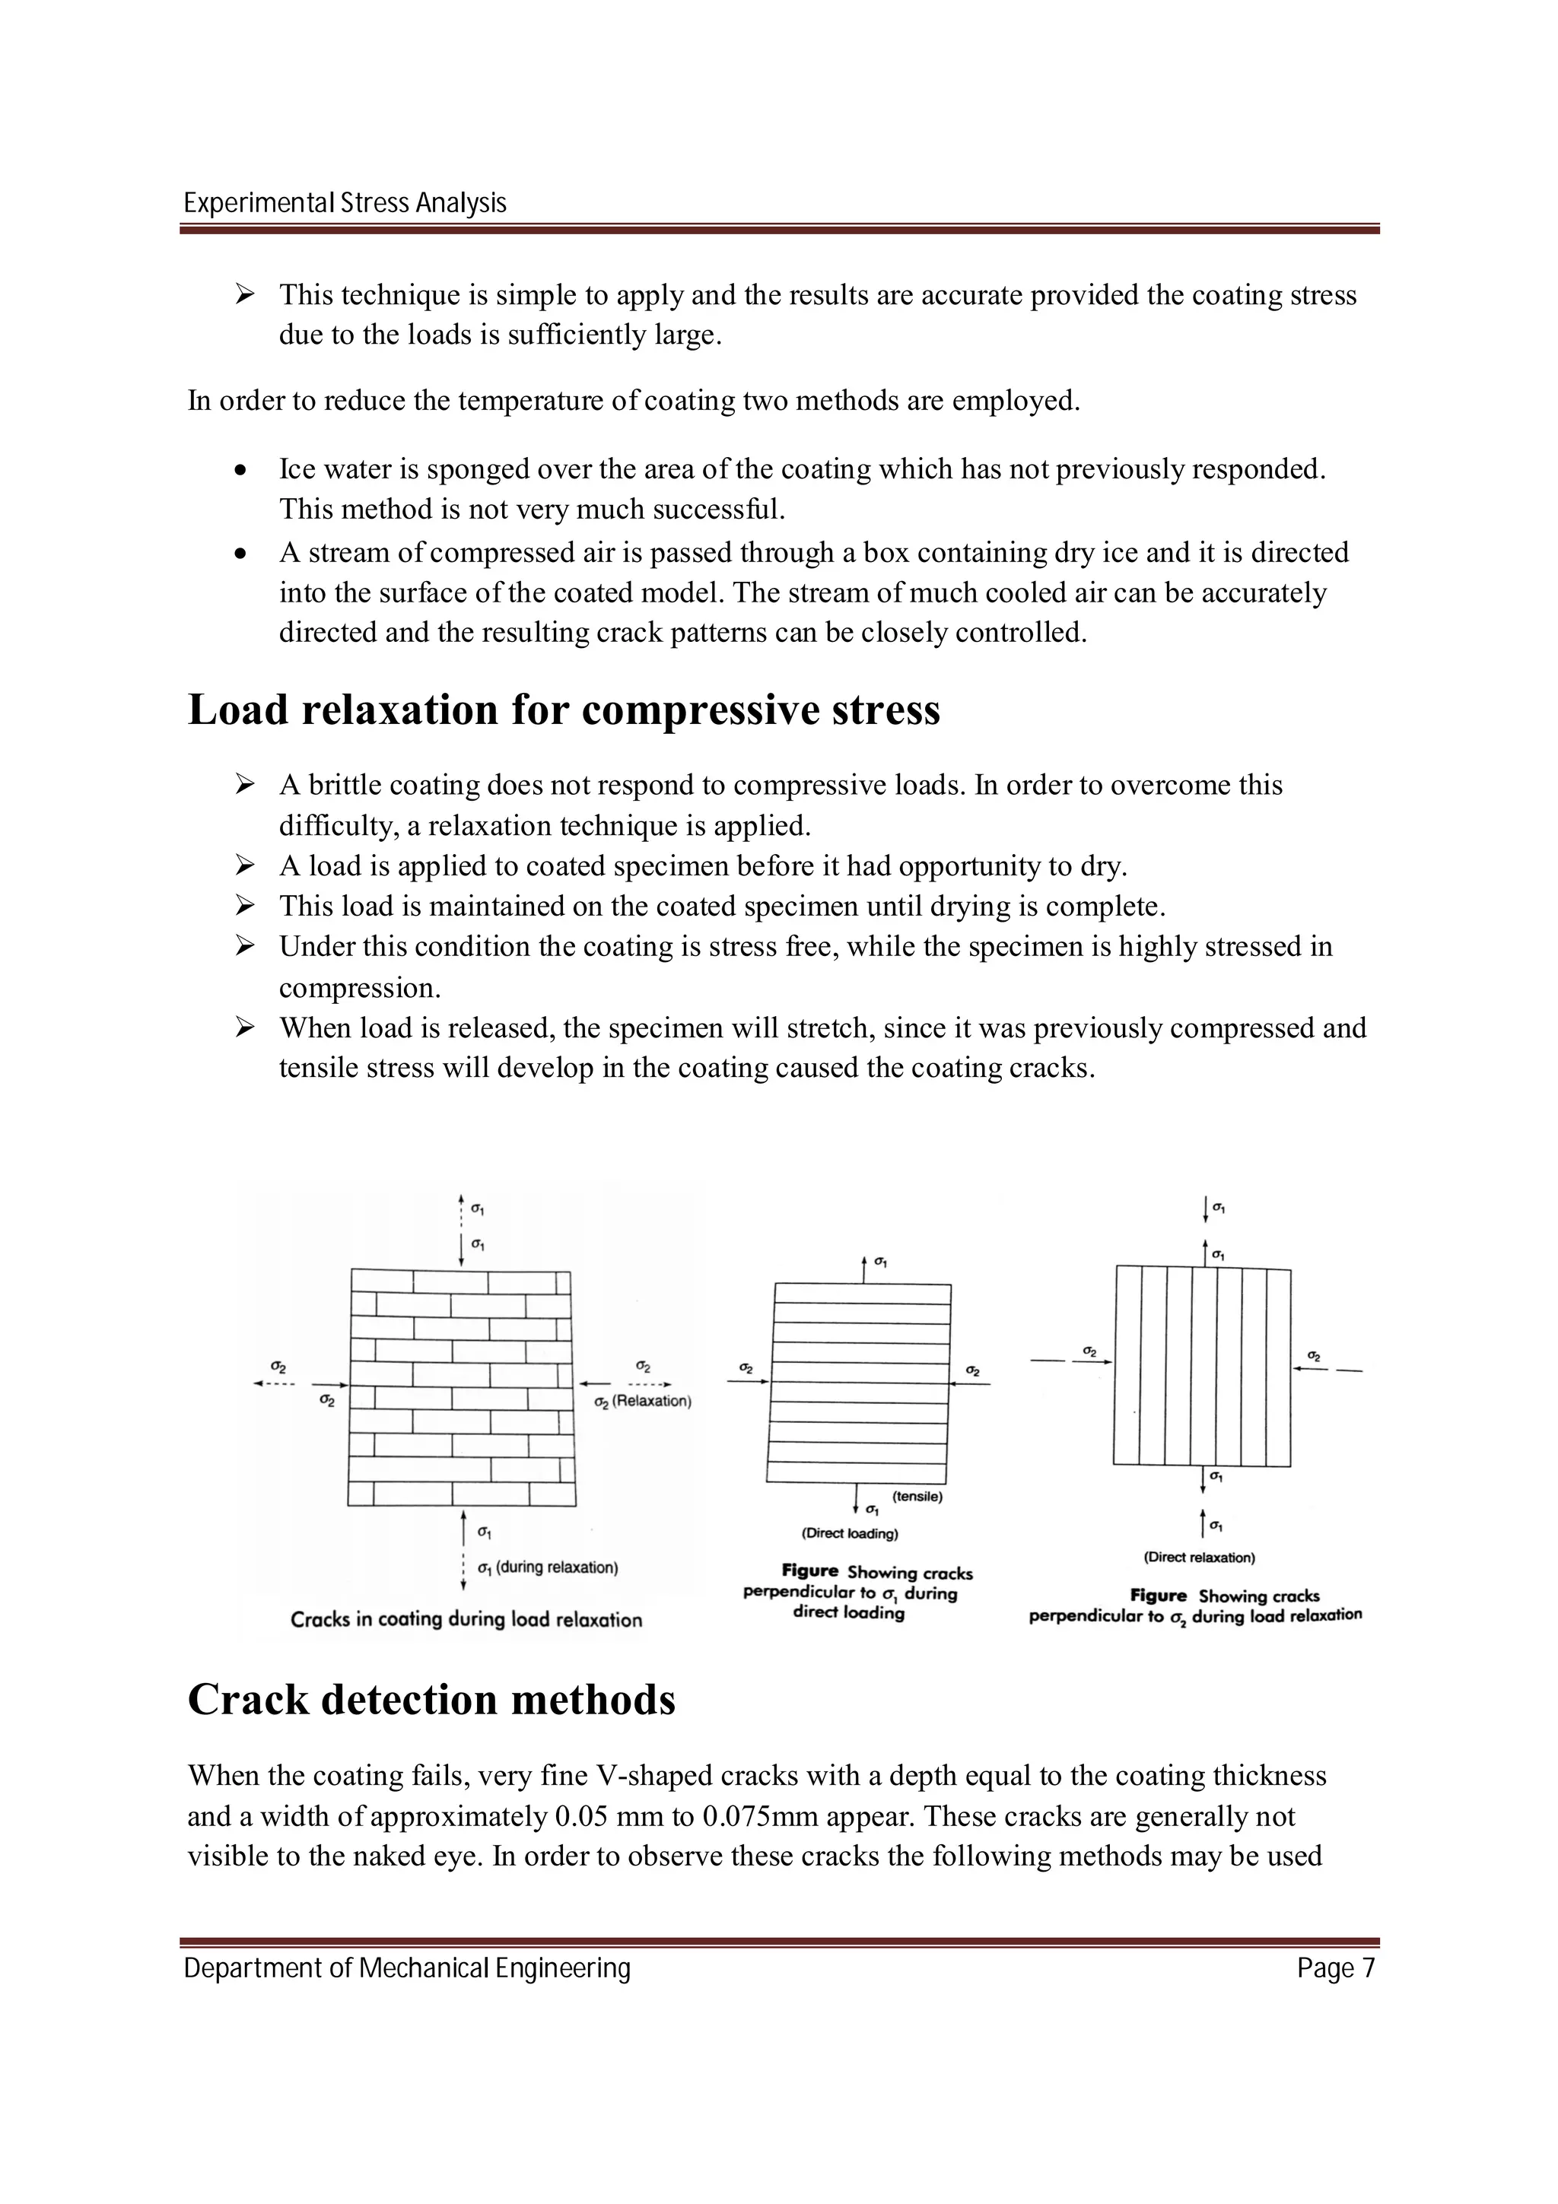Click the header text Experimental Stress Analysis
coord(345,204)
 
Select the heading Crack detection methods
coord(431,1700)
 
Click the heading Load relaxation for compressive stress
coord(564,710)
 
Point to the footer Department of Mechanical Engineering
coord(407,1969)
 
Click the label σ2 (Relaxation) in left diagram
coord(642,1402)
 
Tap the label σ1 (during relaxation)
coord(547,1567)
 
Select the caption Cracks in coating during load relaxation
coord(466,1619)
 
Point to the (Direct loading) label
coord(850,1533)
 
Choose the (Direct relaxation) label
coord(1199,1557)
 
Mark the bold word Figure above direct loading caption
coord(809,1571)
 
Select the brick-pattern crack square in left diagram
coord(462,1388)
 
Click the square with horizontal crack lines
coord(858,1383)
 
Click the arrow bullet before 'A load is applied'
coord(244,865)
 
